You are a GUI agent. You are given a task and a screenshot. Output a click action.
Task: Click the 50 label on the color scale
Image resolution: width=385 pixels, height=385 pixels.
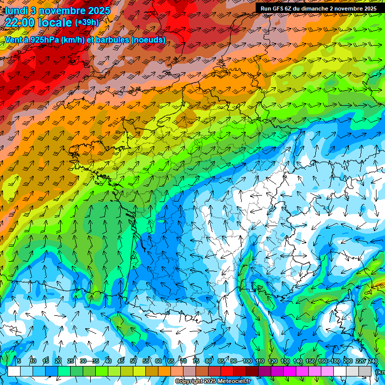coord(133,361)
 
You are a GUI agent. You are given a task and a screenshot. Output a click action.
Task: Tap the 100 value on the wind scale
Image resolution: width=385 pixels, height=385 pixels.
coord(247,361)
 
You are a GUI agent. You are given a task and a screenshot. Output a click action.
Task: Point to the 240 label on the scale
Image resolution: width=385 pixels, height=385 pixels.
coord(372,361)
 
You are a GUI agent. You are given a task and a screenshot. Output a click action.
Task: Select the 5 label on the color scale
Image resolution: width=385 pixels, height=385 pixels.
coord(19,361)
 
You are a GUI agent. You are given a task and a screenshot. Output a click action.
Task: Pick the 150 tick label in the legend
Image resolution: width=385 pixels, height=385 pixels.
coord(310,361)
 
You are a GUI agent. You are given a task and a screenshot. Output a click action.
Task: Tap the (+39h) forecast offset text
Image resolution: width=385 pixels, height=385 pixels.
coord(87,23)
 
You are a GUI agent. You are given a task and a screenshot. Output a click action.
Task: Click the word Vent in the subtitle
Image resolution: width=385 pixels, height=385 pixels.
coord(14,40)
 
